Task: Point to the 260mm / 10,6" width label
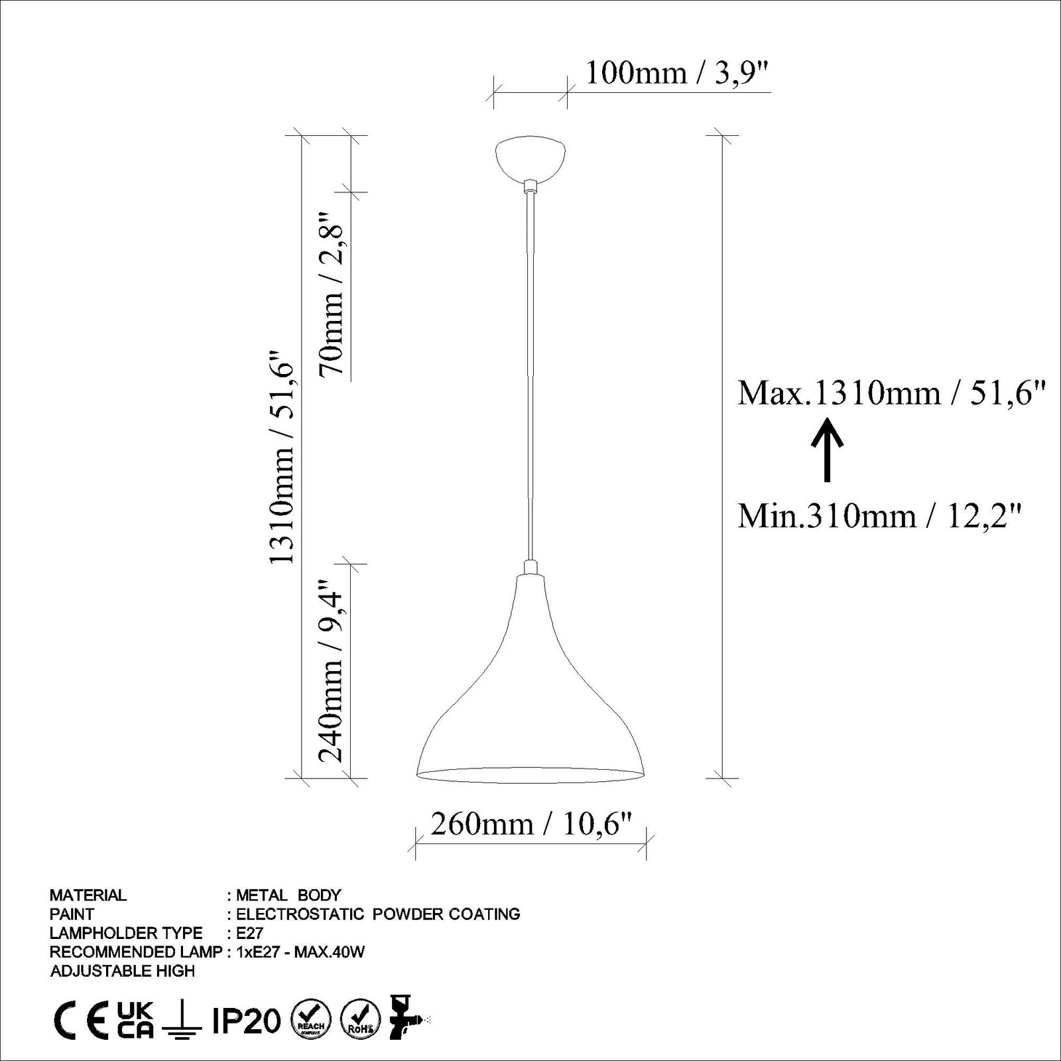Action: [x=529, y=824]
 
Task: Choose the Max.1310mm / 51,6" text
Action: [x=892, y=393]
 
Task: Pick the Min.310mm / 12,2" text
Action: [x=879, y=515]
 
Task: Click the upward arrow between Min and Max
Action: [x=826, y=449]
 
